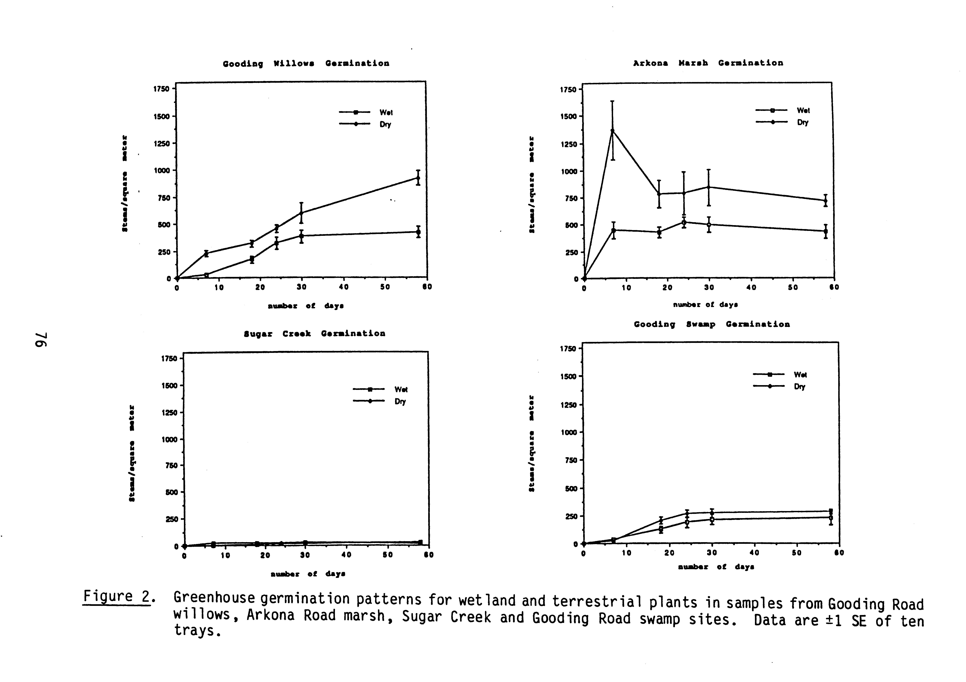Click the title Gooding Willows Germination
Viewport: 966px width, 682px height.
pyautogui.click(x=306, y=64)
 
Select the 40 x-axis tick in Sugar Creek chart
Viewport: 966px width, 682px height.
pyautogui.click(x=346, y=555)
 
